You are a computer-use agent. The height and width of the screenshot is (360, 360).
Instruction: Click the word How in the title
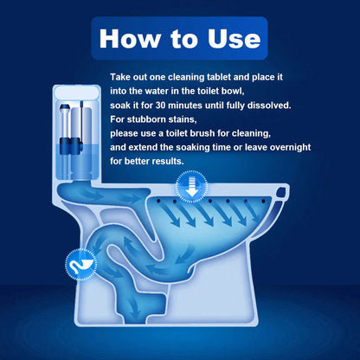pyautogui.click(x=128, y=39)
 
